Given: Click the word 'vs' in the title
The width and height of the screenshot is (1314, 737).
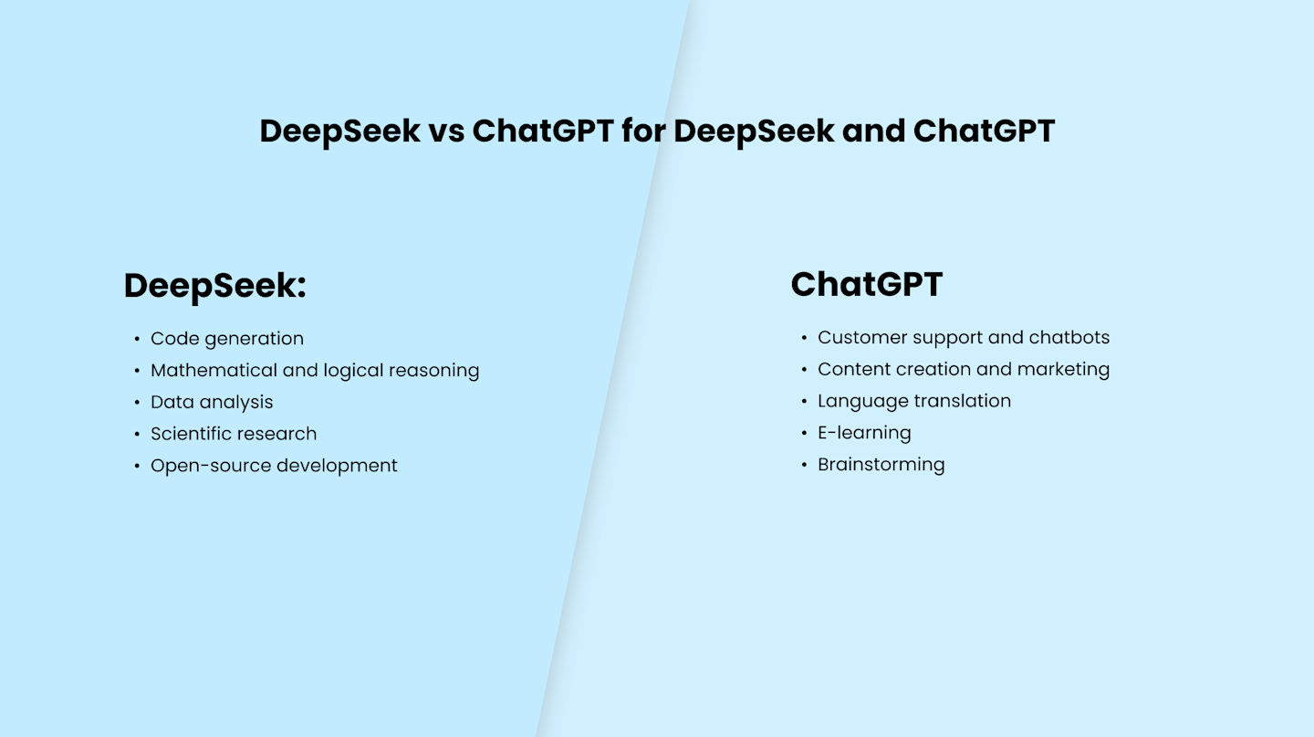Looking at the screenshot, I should click(x=446, y=132).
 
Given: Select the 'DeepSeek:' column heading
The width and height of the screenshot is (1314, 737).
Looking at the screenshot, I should click(x=214, y=286).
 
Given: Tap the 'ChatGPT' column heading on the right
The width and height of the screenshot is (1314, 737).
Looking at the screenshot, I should click(x=866, y=285).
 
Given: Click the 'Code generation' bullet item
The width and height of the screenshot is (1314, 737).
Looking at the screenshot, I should click(x=226, y=339).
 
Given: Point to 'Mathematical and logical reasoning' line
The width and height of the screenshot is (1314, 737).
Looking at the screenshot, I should click(x=315, y=371).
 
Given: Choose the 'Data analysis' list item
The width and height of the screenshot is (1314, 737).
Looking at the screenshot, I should click(x=212, y=403).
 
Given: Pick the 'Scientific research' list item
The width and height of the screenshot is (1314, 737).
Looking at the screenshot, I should click(x=234, y=434).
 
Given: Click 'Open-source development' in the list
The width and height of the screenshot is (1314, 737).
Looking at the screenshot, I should click(x=274, y=466).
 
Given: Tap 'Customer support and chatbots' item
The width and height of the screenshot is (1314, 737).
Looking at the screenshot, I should click(x=964, y=338).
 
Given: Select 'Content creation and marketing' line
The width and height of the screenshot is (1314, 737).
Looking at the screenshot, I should click(x=964, y=370).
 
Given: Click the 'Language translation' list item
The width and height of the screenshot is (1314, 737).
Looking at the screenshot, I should click(x=914, y=401).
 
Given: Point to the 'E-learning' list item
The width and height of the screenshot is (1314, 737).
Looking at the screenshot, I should click(x=864, y=433).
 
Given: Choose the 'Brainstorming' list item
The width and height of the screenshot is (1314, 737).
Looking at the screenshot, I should click(x=881, y=465).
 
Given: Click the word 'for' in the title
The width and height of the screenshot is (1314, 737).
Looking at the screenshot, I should click(x=643, y=132).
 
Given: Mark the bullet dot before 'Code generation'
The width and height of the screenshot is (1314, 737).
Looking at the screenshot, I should click(x=137, y=340).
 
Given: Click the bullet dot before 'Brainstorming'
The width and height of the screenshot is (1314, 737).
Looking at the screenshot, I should click(x=804, y=466).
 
